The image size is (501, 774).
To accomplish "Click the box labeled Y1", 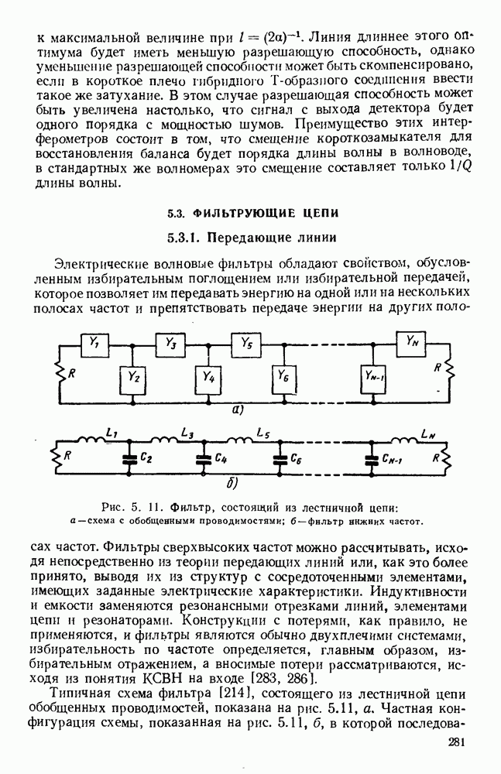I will pos(95,341).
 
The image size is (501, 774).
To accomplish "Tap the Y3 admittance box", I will pos(170,341).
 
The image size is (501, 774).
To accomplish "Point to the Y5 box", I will pos(245,341).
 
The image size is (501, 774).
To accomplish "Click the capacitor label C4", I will pos(220,458).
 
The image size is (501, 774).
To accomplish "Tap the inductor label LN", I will pos(427,434).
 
